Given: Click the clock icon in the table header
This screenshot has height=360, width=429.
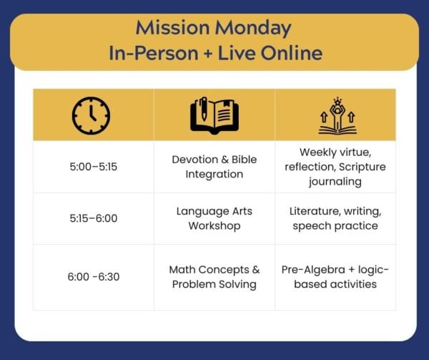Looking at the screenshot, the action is [91, 115].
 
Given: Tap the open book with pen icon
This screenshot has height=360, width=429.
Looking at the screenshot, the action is [214, 115].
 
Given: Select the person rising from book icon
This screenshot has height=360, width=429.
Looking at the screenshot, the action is [337, 116].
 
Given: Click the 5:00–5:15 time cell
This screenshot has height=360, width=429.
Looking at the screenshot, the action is [93, 167].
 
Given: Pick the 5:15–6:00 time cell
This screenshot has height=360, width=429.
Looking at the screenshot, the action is [93, 218].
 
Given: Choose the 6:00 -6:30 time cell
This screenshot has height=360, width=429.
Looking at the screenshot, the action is [93, 277].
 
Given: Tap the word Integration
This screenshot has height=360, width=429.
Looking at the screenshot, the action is [214, 175].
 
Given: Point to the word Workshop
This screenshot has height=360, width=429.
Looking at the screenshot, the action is [214, 226].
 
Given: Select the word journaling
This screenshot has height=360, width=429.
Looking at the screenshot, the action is [335, 182].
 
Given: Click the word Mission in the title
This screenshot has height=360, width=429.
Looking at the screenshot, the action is [172, 28].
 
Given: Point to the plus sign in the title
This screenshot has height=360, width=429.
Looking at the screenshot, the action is [208, 53].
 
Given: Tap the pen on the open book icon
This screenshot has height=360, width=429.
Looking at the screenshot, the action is [203, 109].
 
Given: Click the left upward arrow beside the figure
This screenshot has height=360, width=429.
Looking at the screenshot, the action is [324, 117].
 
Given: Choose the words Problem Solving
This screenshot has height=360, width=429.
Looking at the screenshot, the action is [214, 284].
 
